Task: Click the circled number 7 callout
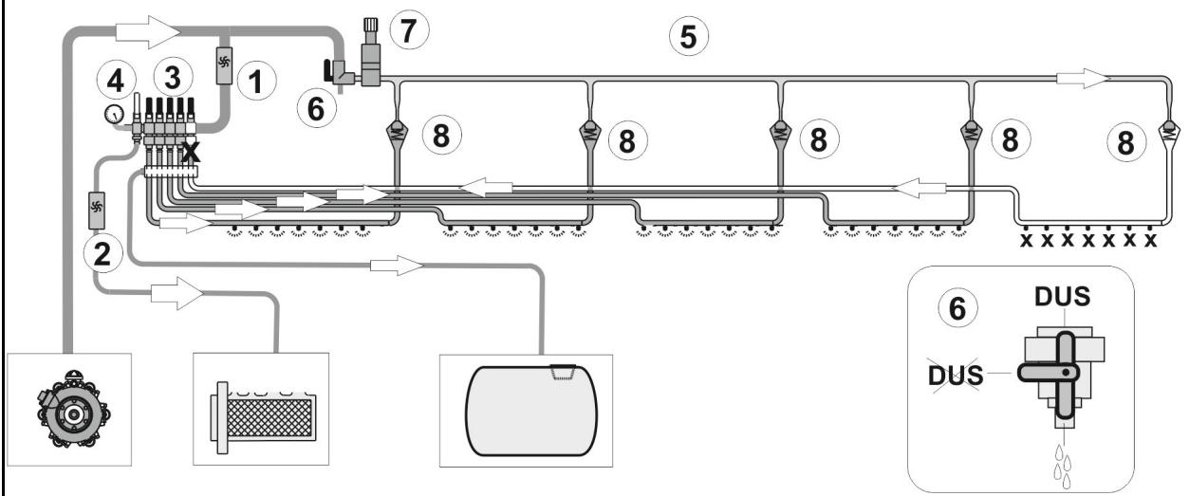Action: [409, 30]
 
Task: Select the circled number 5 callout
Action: [689, 37]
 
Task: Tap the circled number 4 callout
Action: [116, 82]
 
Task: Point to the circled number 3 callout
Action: [173, 78]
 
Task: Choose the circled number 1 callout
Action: [256, 82]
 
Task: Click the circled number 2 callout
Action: [103, 253]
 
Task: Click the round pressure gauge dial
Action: [114, 114]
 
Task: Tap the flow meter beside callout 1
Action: [224, 65]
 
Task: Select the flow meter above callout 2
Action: [97, 211]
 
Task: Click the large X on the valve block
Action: [191, 152]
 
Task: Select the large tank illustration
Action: [531, 410]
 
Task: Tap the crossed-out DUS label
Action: [956, 375]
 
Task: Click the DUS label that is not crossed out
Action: [1062, 297]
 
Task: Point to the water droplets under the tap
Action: [1063, 467]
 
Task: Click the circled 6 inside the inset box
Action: [957, 308]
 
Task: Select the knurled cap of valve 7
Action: [370, 26]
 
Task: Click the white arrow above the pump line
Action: [148, 32]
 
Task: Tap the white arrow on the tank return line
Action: [397, 266]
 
